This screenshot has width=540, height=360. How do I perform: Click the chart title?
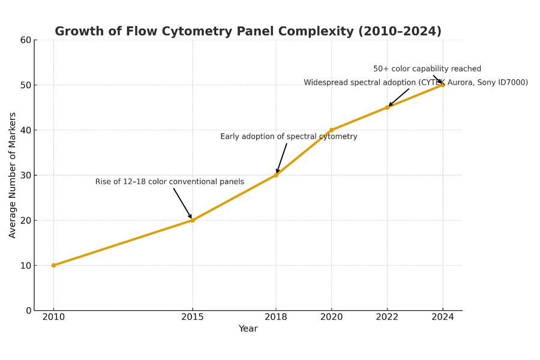click(248, 31)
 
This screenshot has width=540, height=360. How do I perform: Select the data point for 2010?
click(53, 265)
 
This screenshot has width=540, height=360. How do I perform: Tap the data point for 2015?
click(193, 220)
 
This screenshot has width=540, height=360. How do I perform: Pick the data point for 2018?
click(276, 175)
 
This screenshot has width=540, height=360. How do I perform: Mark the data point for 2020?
click(331, 130)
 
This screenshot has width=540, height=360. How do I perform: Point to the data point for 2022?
click(387, 107)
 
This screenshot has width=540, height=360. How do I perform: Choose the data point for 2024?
click(443, 85)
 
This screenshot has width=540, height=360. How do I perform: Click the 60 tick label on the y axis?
click(25, 40)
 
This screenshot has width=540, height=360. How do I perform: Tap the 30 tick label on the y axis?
click(25, 175)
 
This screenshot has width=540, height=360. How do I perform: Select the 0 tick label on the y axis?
click(28, 310)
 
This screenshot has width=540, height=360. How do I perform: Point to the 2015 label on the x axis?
click(193, 317)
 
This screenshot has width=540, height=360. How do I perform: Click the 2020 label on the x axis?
click(331, 317)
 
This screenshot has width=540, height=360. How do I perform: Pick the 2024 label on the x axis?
click(443, 317)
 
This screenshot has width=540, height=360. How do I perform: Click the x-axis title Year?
click(248, 329)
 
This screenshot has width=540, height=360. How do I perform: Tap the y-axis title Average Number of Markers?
click(13, 175)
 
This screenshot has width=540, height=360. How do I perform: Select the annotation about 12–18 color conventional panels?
click(170, 182)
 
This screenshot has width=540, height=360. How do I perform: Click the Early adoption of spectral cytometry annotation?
click(289, 137)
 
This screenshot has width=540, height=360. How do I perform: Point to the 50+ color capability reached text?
click(427, 69)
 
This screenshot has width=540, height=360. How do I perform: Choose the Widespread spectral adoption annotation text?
click(416, 83)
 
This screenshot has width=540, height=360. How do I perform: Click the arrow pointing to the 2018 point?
click(282, 157)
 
